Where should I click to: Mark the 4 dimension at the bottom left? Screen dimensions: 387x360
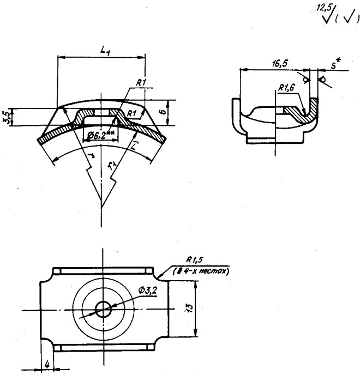click(49, 364)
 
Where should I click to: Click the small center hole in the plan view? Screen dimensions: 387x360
click(101, 310)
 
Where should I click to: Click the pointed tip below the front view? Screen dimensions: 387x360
click(101, 208)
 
